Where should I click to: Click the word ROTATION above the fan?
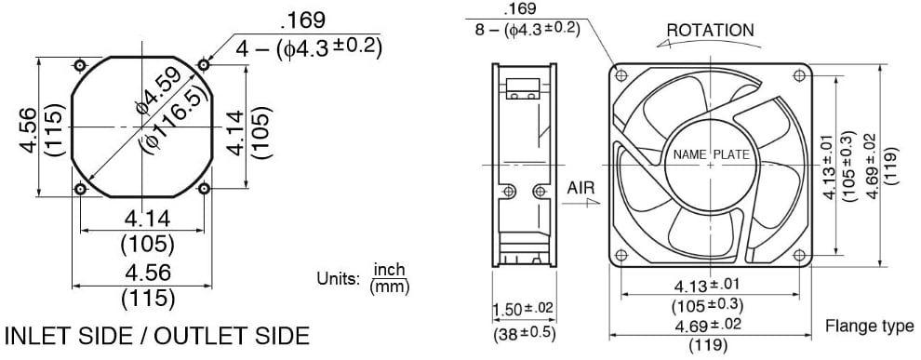click(710, 30)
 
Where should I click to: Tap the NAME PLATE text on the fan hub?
click(711, 153)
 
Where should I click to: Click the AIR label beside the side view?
click(581, 187)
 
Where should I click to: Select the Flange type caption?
click(869, 327)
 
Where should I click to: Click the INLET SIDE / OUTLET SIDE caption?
click(156, 334)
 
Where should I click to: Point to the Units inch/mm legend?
click(363, 277)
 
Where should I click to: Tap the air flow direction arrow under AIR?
click(579, 207)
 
